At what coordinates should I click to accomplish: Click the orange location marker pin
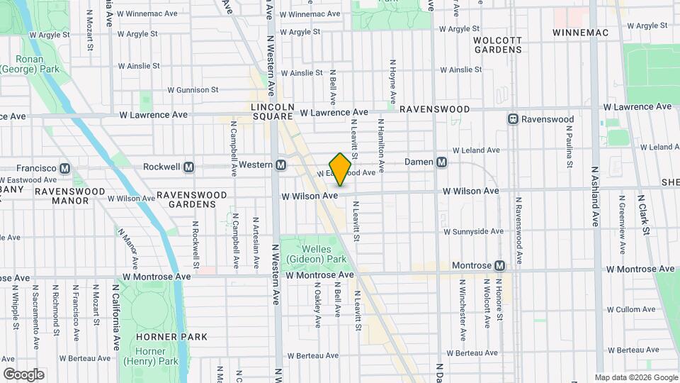coord(341,169)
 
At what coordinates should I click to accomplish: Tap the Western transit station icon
coord(281,165)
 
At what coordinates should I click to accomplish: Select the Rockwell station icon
coord(188,167)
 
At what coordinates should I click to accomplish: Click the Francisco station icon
coord(64,168)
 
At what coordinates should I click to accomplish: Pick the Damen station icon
coord(441,162)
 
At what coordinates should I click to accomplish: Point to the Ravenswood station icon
coord(513,119)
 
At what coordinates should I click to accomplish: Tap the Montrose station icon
coord(500,266)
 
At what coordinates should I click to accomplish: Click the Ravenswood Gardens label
coord(191,199)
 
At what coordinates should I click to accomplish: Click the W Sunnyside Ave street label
coord(473,231)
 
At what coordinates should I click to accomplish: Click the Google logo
coord(23,374)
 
